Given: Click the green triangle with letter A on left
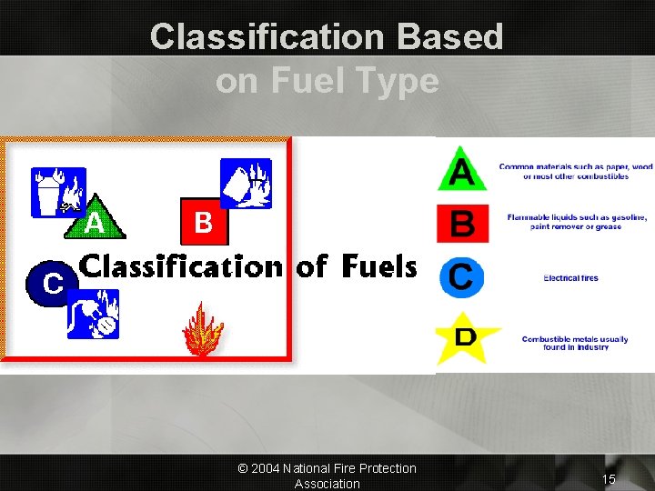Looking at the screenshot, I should tap(94, 221).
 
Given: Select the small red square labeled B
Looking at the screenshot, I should tap(203, 222).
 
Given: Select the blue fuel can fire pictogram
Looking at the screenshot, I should tap(246, 182).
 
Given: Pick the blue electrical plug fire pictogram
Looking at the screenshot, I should tap(93, 313).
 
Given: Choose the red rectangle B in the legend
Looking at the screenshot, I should tap(463, 223).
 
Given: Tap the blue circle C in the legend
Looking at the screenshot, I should tap(461, 276).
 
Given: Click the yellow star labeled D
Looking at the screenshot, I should tap(465, 336).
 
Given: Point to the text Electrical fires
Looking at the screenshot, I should tap(570, 278).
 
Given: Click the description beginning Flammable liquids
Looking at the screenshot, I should tap(576, 221).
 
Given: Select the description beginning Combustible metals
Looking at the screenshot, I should tap(574, 343).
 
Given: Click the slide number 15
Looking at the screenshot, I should tap(609, 478).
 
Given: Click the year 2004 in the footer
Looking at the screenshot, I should tap(266, 468).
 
